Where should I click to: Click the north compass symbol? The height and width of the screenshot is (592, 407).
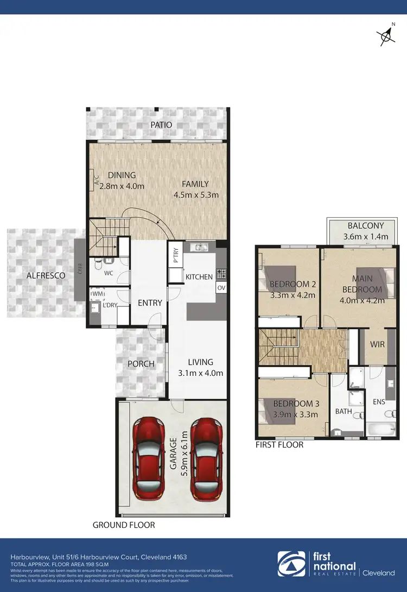386,35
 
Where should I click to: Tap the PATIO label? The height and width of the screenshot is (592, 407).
161,125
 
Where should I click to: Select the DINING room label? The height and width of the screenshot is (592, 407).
122,175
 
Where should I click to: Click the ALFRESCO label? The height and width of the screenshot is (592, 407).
46,275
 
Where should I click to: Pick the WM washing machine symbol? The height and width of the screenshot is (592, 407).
98,294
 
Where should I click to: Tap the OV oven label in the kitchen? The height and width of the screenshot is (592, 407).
221,287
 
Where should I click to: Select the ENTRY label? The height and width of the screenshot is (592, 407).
150,303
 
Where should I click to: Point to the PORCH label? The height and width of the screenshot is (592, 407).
141,363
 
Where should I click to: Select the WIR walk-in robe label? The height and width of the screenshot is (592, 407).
377,344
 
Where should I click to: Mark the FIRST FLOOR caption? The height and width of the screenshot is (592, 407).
279,445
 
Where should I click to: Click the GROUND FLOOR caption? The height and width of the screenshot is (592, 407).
124,525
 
